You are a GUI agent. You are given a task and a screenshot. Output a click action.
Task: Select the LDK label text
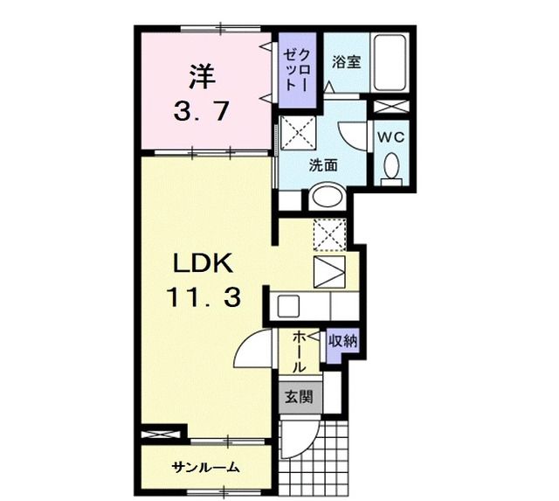click(x=200, y=264)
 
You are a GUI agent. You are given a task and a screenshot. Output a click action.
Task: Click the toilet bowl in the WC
click(x=390, y=165)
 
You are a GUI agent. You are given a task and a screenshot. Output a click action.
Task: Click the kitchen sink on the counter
click(x=289, y=306)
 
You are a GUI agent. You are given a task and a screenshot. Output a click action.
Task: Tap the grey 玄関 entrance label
click(x=296, y=396)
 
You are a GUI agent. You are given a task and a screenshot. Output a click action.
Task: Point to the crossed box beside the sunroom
click(x=163, y=433)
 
